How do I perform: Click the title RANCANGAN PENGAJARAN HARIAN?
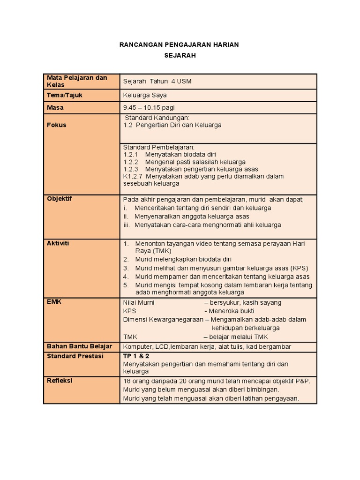tap(180, 45)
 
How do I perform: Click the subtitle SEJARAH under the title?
tap(180, 55)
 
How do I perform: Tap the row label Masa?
tap(55, 107)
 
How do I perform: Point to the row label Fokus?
tap(56, 125)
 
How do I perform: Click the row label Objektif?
tap(59, 199)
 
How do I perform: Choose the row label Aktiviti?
tap(58, 243)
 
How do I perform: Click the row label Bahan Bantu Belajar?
tap(79, 346)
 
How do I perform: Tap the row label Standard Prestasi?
tap(75, 356)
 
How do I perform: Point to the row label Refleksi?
tap(60, 381)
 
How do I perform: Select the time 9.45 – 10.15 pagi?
tap(149, 107)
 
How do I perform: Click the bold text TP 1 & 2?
tap(136, 356)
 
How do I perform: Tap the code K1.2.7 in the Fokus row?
tap(133, 176)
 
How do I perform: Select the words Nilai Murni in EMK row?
tap(139, 302)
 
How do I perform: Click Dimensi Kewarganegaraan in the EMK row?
tap(163, 319)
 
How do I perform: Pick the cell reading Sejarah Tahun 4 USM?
tap(157, 81)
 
